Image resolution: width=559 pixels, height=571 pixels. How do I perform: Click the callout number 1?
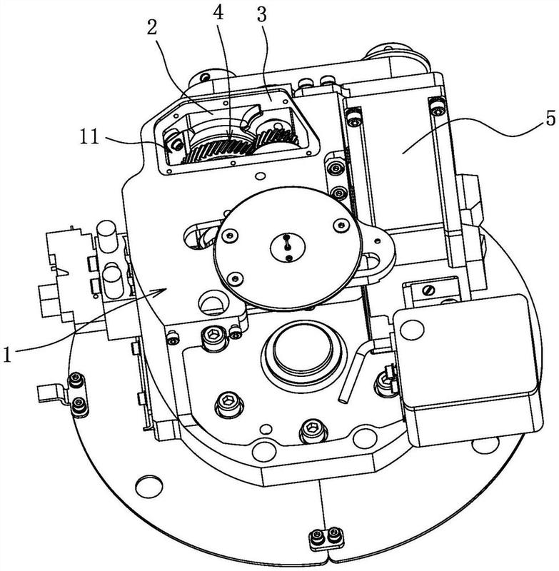[x=7, y=354]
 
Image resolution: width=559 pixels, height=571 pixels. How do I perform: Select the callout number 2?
[x=152, y=27]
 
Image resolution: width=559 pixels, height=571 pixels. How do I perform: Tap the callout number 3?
[x=261, y=14]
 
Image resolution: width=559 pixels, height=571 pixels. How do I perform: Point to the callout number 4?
[x=218, y=13]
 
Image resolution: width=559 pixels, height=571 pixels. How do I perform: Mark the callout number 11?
[x=89, y=137]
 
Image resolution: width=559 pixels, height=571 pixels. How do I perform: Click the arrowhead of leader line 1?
[x=160, y=292]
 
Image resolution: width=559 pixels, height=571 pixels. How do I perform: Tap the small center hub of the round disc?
[x=288, y=247]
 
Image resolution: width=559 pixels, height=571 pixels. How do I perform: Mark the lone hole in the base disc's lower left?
[x=148, y=486]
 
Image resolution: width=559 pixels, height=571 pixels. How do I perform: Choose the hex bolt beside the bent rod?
[x=386, y=381]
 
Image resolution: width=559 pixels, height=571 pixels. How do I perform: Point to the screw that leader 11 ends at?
[x=177, y=145]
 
